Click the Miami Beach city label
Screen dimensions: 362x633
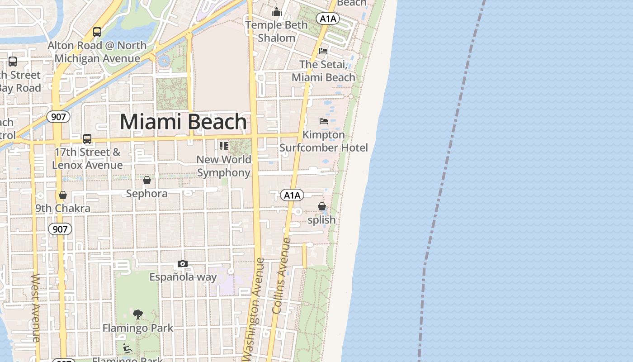click(x=183, y=122)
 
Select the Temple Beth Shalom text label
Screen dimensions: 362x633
click(x=276, y=31)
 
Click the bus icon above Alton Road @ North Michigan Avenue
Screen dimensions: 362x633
click(x=97, y=32)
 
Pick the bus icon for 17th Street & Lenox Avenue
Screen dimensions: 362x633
click(x=87, y=139)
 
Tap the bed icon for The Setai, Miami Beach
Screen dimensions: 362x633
click(x=323, y=51)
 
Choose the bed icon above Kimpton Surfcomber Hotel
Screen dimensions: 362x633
click(x=323, y=121)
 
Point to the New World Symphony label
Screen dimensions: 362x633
click(x=224, y=166)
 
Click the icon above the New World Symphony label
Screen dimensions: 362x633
click(x=223, y=146)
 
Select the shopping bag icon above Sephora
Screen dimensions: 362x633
click(x=147, y=180)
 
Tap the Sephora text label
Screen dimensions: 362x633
click(x=147, y=194)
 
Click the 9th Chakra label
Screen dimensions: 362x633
click(x=63, y=208)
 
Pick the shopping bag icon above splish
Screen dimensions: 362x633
click(x=321, y=206)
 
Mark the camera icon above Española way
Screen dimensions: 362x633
click(x=182, y=263)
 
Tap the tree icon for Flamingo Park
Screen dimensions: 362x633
click(x=138, y=314)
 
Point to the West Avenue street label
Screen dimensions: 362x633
click(x=36, y=308)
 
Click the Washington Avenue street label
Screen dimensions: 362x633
click(x=253, y=310)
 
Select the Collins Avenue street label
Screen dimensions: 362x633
click(x=281, y=276)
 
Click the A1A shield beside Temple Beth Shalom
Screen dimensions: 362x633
click(x=327, y=19)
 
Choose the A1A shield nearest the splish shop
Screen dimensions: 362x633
click(x=292, y=195)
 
